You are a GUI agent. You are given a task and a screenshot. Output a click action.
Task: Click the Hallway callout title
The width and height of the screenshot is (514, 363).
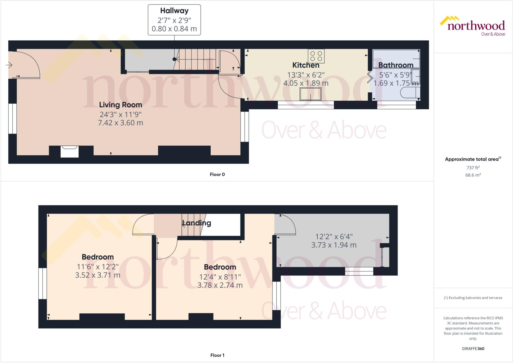coord(174,11)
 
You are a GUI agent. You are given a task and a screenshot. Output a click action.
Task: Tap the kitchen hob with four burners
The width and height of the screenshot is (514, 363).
coord(316,56)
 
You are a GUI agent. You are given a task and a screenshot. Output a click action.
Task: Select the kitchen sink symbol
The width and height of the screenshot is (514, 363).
coord(310,94)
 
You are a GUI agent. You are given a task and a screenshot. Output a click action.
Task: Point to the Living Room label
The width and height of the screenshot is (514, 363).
coord(120,105)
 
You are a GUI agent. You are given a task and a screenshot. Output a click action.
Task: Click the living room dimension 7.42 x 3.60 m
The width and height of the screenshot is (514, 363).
coord(120,123)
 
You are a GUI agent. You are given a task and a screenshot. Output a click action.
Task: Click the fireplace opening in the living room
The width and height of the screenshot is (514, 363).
coord(70,152)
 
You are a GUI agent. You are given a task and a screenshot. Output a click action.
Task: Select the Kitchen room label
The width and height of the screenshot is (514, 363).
coord(306,65)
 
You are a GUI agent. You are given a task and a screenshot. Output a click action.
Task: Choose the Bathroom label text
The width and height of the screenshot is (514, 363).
coord(396,65)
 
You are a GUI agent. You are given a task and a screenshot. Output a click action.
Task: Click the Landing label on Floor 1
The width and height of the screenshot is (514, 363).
coord(197,223)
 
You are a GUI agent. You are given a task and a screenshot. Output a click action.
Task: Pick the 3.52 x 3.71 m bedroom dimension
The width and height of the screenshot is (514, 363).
coord(98,275)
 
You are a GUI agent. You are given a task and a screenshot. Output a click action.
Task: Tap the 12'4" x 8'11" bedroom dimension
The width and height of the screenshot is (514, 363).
coord(220,277)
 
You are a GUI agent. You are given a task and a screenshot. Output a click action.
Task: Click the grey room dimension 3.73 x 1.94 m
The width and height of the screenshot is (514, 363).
coord(334,245)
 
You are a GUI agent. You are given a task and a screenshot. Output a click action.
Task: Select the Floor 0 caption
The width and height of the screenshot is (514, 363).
coord(217,175)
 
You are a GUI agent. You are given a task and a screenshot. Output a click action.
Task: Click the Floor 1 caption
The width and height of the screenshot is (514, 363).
coord(217,355)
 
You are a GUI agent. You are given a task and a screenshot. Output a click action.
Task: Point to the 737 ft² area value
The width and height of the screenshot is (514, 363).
coord(473,168)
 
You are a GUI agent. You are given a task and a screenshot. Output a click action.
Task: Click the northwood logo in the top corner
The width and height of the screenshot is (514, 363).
coord(473,26)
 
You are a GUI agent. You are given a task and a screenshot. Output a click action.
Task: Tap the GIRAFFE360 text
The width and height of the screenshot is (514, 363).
coord(473,349)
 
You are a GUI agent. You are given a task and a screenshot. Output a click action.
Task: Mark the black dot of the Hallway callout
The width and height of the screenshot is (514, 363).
coord(174,59)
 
